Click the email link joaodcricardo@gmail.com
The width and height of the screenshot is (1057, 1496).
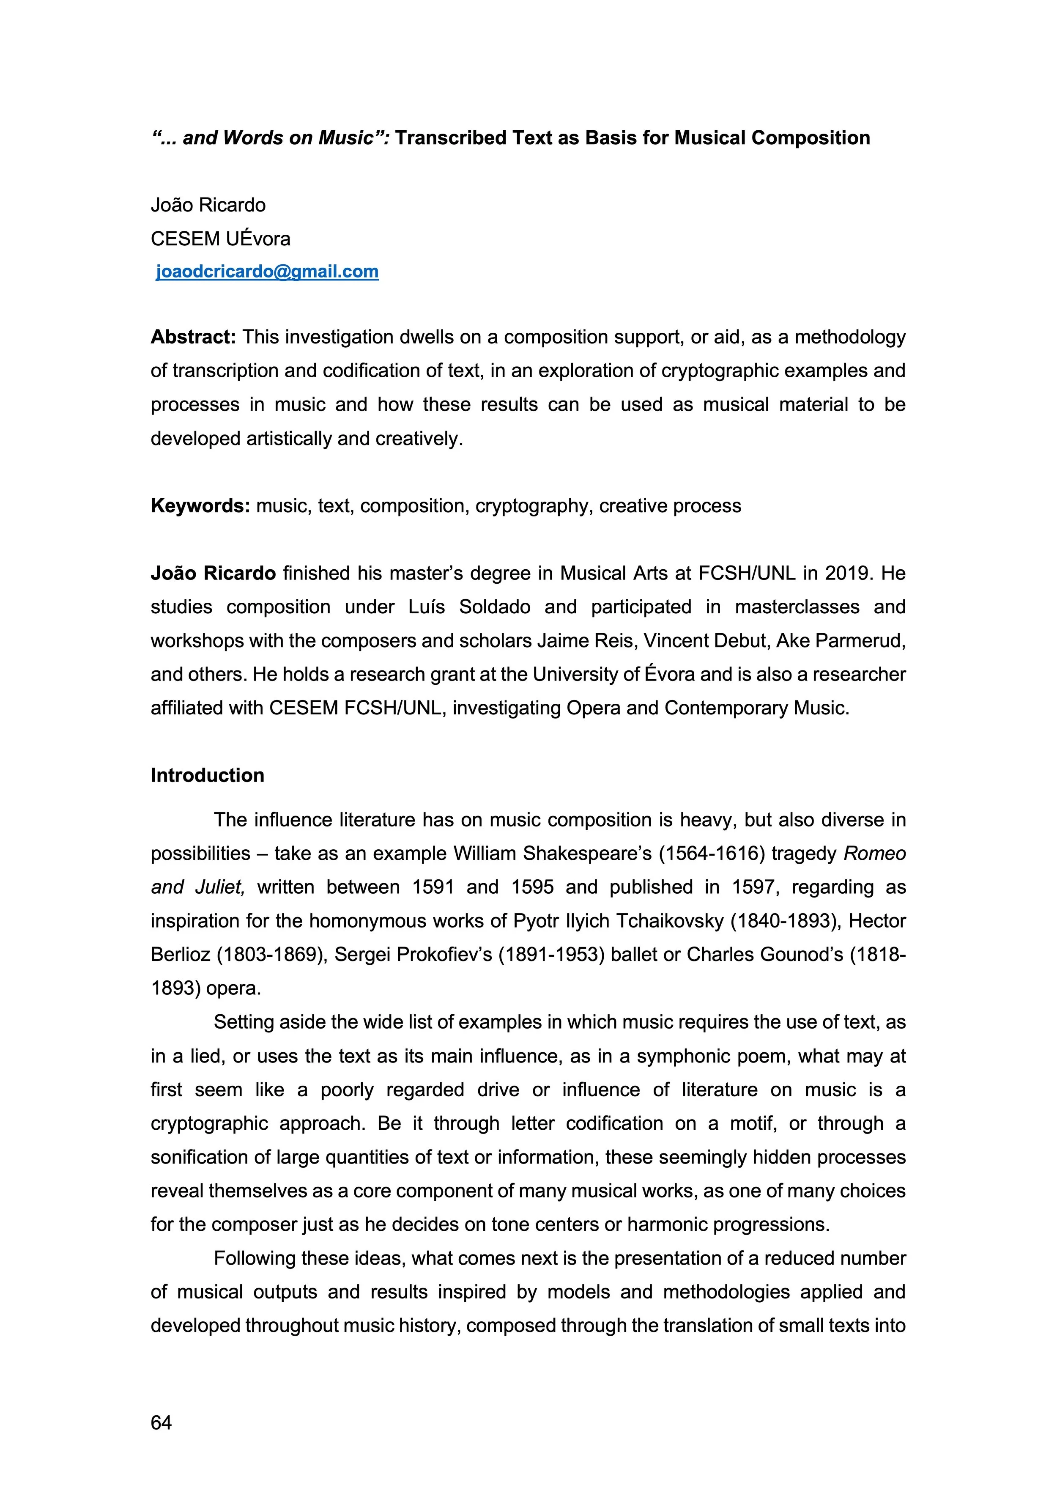point(267,272)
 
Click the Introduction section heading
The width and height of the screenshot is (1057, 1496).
point(207,775)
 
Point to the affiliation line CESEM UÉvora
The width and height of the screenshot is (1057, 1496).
point(220,239)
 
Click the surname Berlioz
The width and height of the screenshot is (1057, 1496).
point(181,955)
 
